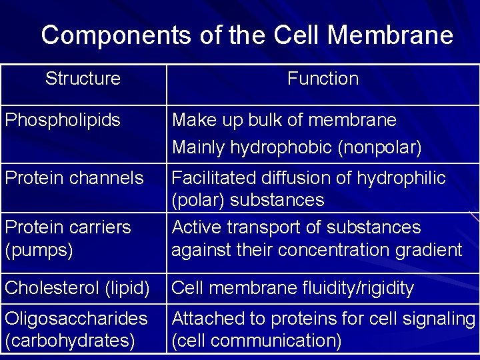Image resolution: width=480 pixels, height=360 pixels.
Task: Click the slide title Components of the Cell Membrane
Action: click(x=247, y=35)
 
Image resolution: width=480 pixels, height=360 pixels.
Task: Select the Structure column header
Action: click(x=83, y=79)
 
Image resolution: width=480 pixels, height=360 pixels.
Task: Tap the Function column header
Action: click(x=323, y=79)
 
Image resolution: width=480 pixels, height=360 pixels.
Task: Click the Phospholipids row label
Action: click(x=63, y=121)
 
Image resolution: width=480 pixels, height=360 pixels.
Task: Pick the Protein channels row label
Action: click(x=74, y=178)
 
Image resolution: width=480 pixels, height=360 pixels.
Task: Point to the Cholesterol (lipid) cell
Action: click(x=77, y=289)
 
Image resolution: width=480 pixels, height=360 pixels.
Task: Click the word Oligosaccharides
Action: click(x=76, y=319)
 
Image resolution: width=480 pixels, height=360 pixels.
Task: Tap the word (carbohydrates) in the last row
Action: click(x=70, y=341)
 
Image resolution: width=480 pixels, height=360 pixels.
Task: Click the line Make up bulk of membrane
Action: click(x=284, y=121)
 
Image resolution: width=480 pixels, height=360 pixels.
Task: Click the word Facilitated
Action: click(x=212, y=178)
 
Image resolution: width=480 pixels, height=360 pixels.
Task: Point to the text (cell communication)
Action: click(x=257, y=341)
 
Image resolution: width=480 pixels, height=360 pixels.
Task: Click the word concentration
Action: click(x=337, y=250)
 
